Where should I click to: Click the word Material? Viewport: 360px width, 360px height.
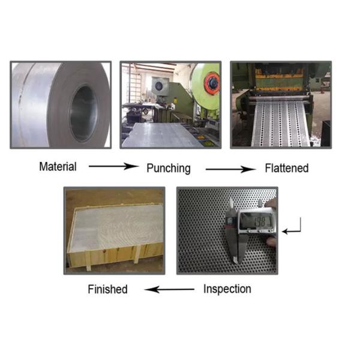coord(58,166)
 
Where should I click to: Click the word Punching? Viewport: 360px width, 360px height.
coord(168,168)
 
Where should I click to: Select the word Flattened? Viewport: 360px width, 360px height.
coord(286,168)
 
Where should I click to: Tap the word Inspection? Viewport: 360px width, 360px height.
coord(227,289)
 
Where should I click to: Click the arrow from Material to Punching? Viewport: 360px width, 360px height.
coord(113,166)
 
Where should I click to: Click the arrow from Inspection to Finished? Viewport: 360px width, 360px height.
coord(170,289)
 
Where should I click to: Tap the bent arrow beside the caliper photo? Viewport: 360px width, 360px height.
coord(293,227)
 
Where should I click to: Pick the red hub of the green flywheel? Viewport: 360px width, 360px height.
coord(211,84)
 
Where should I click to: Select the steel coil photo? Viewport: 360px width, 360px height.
coord(61,104)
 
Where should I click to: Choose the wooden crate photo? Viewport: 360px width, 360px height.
coord(114,230)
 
